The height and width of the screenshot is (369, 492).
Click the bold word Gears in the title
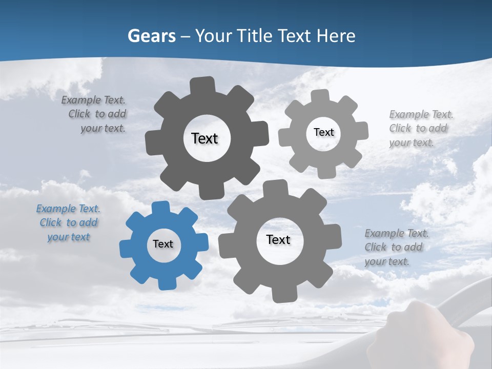151,36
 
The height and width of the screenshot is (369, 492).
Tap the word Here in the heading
336,36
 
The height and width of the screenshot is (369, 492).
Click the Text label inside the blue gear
163,244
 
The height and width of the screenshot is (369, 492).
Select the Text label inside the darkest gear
204,138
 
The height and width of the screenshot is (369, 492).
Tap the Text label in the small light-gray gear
323,132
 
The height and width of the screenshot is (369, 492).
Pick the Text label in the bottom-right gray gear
278,240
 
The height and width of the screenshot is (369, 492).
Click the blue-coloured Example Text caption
68,223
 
